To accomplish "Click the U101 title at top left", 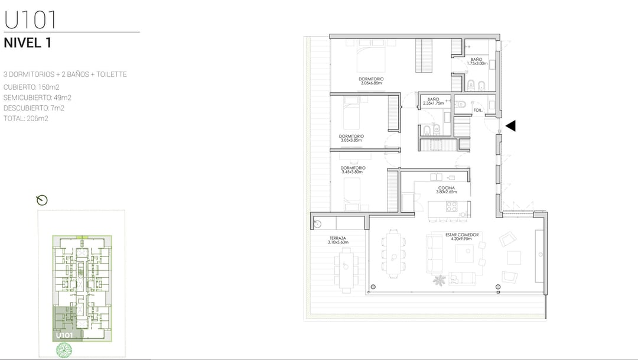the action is tap(30, 20).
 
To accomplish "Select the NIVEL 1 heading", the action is tap(28, 43).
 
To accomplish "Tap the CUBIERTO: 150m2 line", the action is tap(31, 87).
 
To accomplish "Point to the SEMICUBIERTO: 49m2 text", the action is tap(37, 98).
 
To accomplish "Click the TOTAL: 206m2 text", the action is tap(26, 118).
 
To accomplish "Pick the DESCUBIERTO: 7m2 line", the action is tap(34, 108).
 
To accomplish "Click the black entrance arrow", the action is tap(510, 126).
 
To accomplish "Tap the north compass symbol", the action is tap(41, 200).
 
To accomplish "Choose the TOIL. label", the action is tap(478, 111).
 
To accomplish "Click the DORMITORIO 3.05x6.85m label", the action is tap(371, 81).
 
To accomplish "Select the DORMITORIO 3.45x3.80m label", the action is tap(353, 170).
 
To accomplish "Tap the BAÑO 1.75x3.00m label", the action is tap(477, 61).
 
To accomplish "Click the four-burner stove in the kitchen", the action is tap(452, 206).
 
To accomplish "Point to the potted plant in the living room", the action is tap(439, 280).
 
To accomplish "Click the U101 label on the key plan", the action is tap(64, 335).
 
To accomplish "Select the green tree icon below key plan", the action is tap(64, 350).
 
